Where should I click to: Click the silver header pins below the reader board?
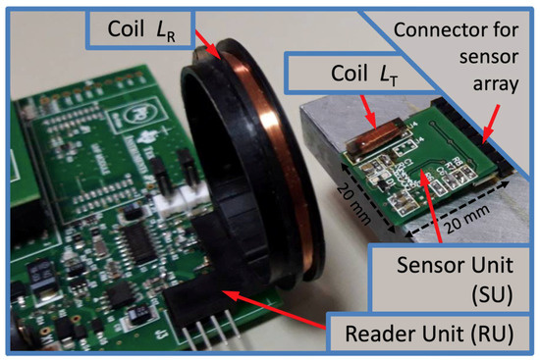[230, 338]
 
